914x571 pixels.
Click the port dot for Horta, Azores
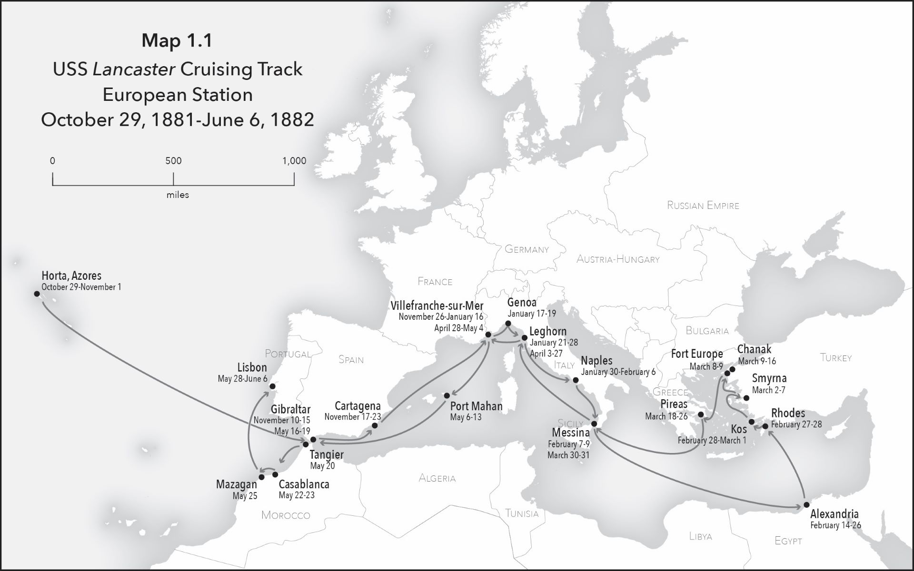click(37, 294)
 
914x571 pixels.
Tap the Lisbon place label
click(252, 368)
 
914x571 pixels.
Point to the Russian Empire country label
click(703, 206)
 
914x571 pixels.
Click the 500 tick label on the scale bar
click(173, 161)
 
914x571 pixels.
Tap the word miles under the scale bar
click(178, 195)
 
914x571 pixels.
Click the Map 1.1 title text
click(177, 41)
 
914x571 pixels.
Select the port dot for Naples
click(575, 380)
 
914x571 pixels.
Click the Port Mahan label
click(476, 406)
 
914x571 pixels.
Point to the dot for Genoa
click(508, 324)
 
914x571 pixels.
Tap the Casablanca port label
click(304, 485)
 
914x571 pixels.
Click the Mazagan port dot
click(261, 477)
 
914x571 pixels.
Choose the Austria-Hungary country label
click(617, 259)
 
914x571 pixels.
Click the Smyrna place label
click(769, 379)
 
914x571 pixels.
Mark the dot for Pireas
click(701, 415)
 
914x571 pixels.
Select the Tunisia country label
click(522, 513)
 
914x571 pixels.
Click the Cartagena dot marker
click(374, 425)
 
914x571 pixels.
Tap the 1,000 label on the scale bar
click(294, 161)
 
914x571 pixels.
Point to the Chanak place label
click(754, 350)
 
